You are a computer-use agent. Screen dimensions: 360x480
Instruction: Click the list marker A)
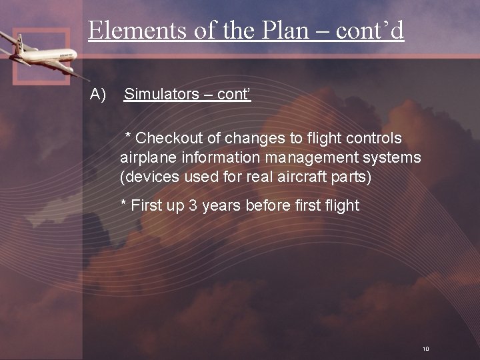point(98,95)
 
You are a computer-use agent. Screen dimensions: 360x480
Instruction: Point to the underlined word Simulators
point(157,95)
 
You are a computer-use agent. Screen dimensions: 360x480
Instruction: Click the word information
point(215,158)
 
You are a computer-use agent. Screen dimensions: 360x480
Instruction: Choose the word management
point(306,158)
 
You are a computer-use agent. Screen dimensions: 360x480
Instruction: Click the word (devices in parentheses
point(145,178)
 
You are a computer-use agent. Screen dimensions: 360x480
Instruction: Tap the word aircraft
point(296,178)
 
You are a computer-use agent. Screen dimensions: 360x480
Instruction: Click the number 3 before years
point(193,205)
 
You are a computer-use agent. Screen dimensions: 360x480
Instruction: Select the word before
point(269,205)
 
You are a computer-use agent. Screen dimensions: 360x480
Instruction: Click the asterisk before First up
point(123,204)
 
